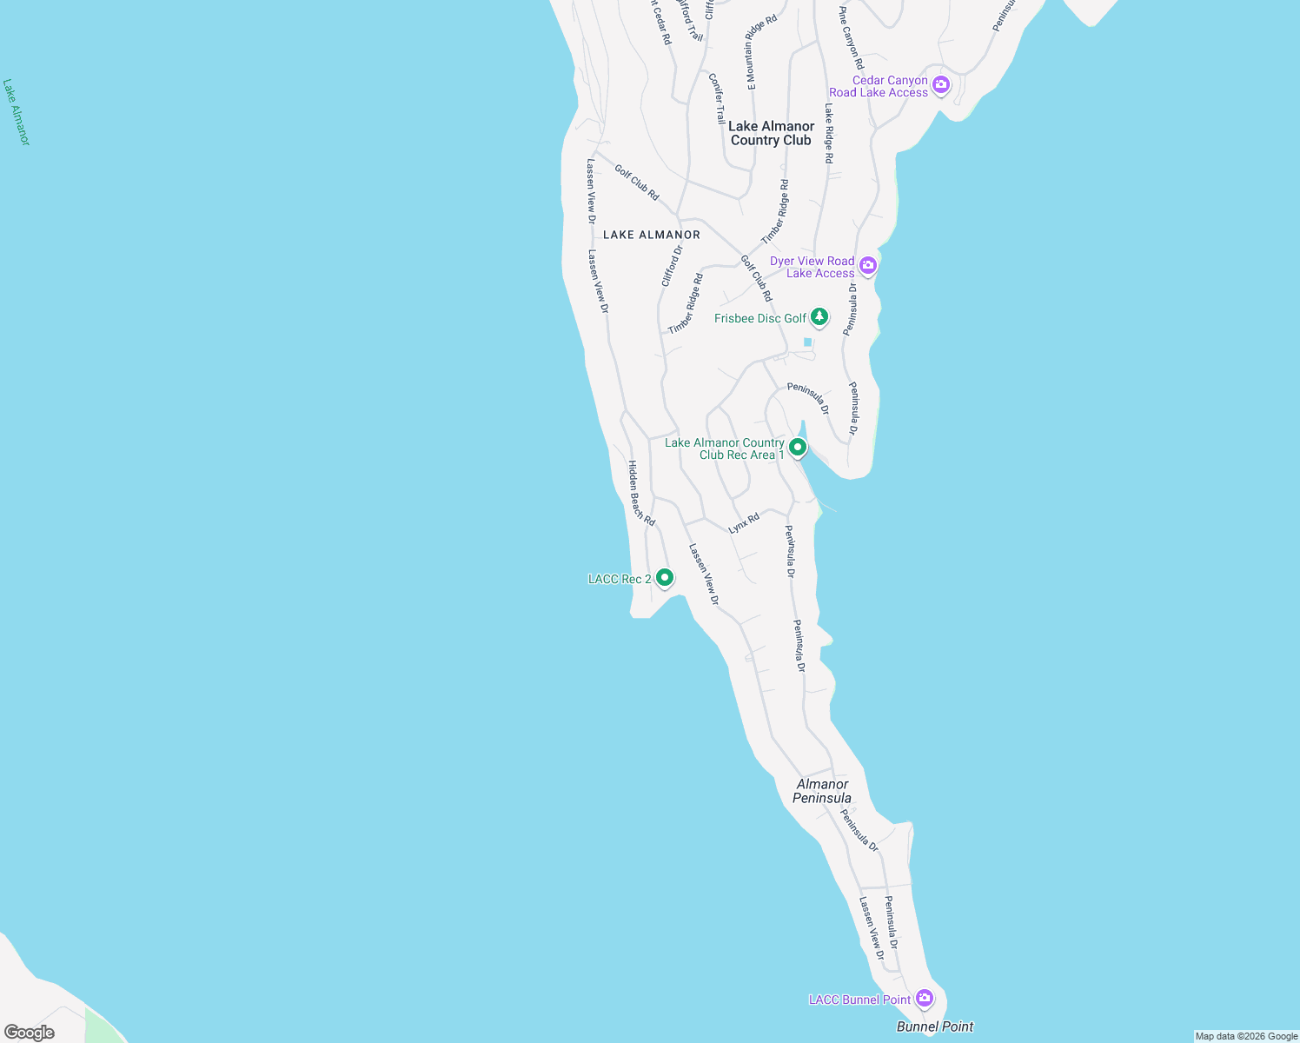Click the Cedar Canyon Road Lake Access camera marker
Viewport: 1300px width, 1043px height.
(940, 85)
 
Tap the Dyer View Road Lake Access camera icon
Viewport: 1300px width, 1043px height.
(867, 266)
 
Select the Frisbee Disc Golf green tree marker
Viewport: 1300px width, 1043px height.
(819, 317)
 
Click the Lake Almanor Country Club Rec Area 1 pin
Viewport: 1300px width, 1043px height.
(797, 448)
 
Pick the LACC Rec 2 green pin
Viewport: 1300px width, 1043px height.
(664, 577)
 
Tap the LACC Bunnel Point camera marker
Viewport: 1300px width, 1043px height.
(925, 998)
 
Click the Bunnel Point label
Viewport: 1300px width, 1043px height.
(935, 1026)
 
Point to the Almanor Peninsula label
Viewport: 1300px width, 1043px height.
(822, 791)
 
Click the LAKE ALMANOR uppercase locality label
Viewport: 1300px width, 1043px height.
(651, 235)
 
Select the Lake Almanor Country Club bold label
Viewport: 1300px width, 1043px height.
(771, 133)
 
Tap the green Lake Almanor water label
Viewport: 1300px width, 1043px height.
(16, 112)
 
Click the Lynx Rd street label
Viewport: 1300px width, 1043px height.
(744, 522)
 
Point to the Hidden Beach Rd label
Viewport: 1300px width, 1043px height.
(641, 493)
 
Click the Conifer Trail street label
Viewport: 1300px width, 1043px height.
(717, 98)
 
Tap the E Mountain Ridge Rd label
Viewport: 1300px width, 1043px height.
(762, 52)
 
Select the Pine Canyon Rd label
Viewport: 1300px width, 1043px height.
(852, 38)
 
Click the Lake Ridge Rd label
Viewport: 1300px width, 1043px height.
(829, 134)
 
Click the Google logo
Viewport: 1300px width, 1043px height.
(30, 1033)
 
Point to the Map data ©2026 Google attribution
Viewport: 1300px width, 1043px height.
(1246, 1036)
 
